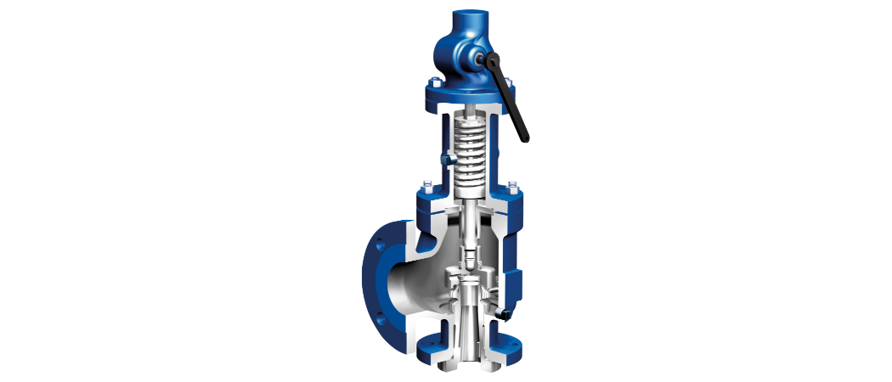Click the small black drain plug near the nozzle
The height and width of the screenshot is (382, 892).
502,317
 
